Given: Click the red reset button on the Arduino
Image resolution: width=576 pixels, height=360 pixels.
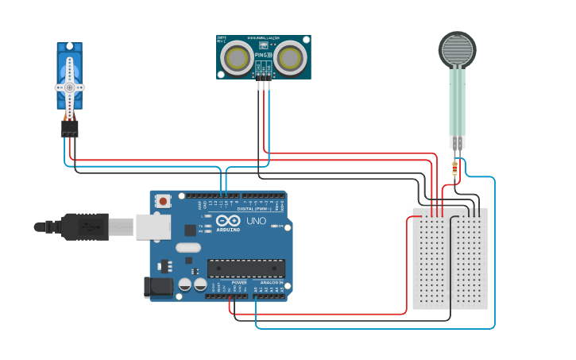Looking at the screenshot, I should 163,201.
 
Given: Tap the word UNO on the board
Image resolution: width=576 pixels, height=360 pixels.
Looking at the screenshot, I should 257,220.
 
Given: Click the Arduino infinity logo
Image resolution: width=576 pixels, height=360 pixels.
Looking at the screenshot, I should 227,221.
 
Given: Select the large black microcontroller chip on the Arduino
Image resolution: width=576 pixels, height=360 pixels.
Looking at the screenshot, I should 245,269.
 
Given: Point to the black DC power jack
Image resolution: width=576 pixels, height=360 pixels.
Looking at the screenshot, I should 157,287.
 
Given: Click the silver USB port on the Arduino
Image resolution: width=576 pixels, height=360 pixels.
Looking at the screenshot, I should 153,226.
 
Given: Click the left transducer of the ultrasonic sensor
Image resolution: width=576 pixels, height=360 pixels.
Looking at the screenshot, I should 237,57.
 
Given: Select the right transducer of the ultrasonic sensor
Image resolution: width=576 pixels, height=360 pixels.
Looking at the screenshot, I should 290,57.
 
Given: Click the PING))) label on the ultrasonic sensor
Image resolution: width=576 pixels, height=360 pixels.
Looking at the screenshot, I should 264,55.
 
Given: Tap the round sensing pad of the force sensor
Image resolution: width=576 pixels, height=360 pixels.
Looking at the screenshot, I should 458,50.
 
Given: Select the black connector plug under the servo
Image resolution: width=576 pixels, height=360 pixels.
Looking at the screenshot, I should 70,128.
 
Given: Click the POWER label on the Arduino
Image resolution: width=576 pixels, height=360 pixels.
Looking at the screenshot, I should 238,282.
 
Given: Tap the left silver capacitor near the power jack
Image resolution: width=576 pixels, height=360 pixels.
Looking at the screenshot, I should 184,284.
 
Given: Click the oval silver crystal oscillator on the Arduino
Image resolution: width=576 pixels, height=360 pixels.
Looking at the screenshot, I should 188,247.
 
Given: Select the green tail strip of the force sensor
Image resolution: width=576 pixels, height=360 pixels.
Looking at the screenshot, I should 457,103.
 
